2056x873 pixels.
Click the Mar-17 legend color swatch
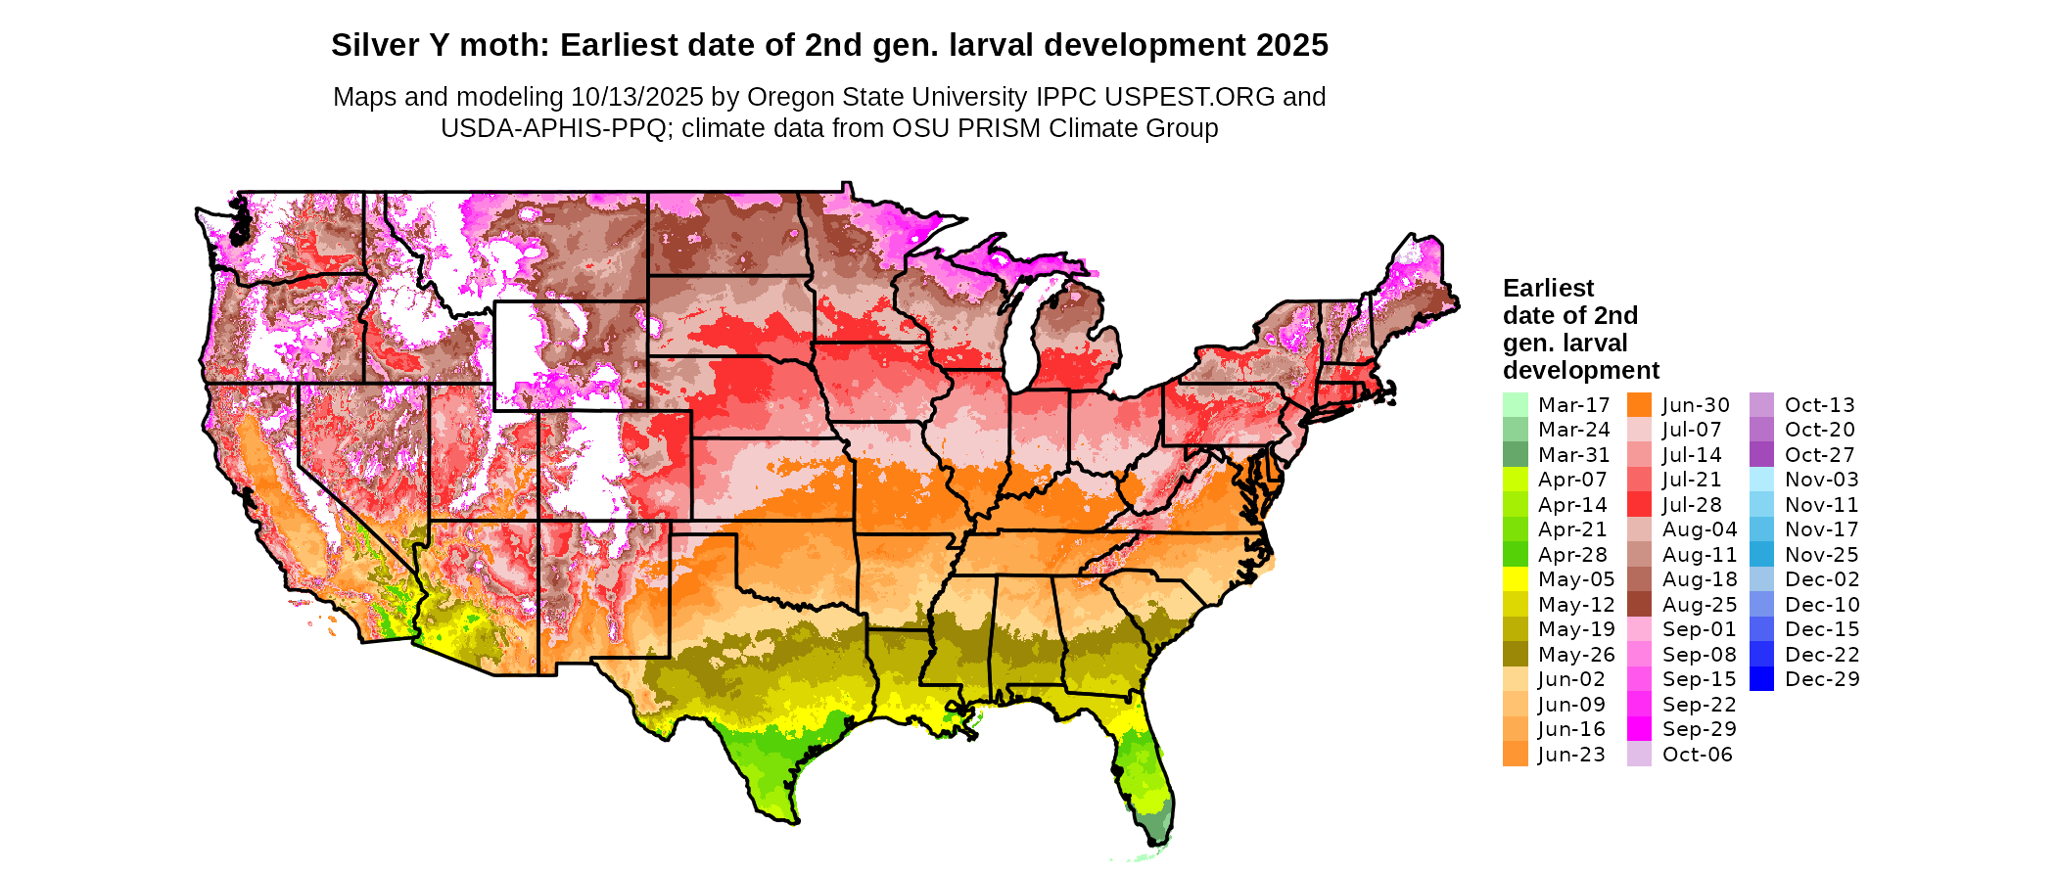pos(1515,405)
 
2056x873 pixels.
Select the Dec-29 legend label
pos(1821,679)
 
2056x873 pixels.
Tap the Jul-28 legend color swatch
pos(1639,505)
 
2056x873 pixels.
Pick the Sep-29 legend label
pos(1699,729)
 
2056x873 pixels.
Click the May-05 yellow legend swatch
pos(1515,579)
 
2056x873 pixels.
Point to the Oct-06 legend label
pos(1697,755)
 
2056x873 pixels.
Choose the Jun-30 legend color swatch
pos(1639,405)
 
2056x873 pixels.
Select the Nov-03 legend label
pos(1821,480)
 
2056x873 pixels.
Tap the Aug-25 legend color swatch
pos(1639,605)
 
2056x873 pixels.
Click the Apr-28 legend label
pos(1572,555)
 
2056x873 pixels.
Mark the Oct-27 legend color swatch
pos(1761,455)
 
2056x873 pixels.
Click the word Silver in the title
pos(371,45)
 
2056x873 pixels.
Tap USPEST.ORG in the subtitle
pos(1190,97)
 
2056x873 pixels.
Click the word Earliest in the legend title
pos(1548,289)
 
